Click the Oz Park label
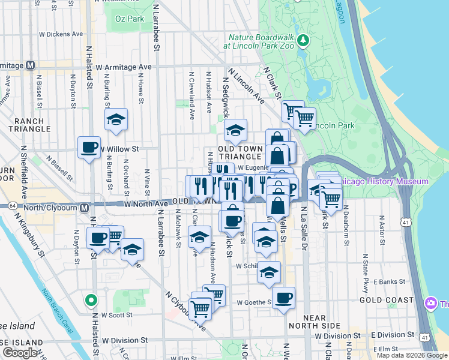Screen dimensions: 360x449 128,19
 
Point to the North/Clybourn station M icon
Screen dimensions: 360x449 85,208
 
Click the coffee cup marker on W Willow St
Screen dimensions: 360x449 89,147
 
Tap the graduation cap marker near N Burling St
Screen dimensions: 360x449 116,119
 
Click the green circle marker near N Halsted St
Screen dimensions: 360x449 91,299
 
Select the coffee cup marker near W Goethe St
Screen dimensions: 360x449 283,298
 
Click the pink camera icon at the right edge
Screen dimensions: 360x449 430,304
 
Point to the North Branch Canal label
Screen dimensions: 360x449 58,308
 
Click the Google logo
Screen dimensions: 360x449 20,353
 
